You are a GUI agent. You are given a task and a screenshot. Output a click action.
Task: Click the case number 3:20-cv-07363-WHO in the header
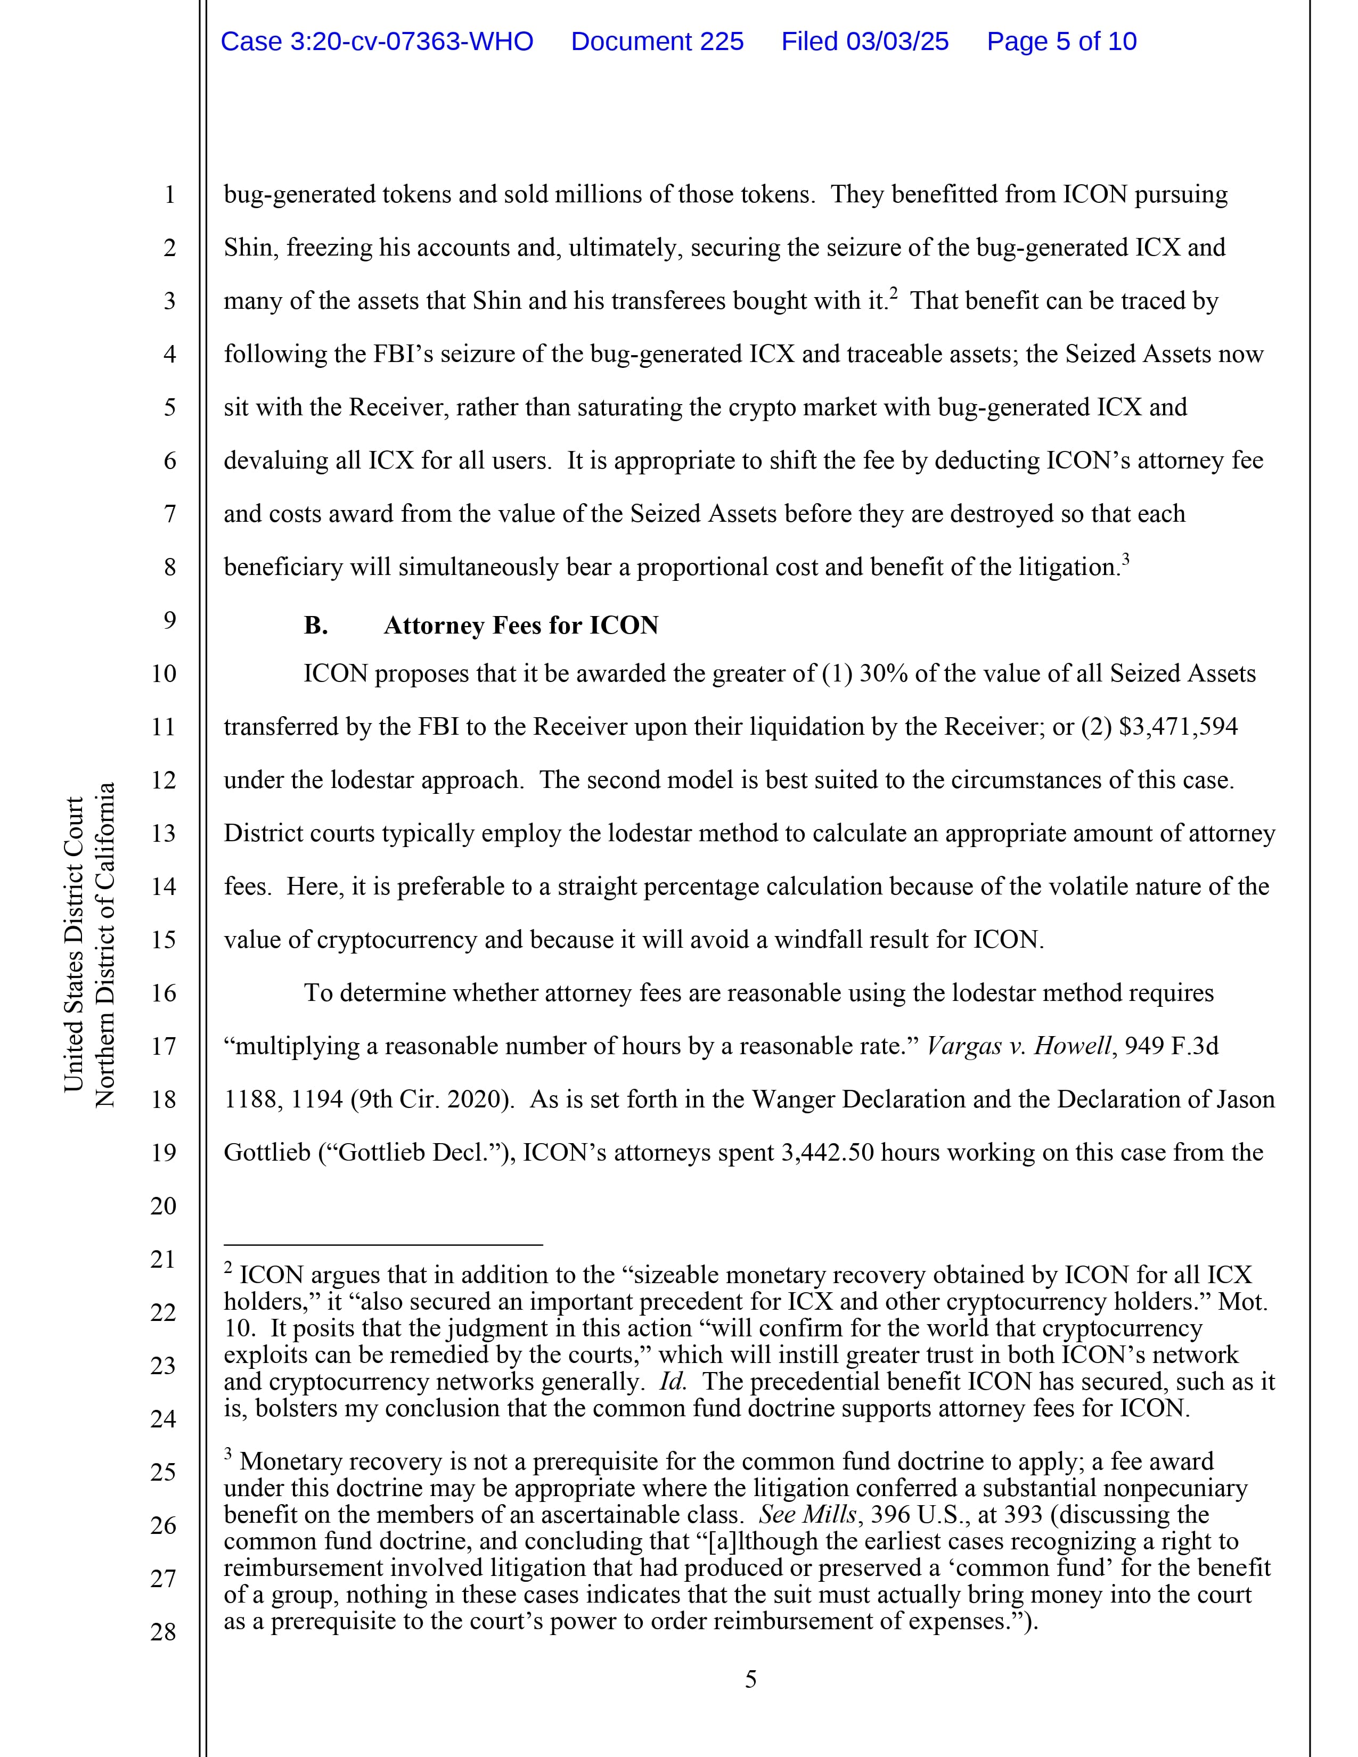tap(377, 42)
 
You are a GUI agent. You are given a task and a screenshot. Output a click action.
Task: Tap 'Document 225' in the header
tap(657, 42)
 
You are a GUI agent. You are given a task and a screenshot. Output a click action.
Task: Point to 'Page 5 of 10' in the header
tap(1061, 42)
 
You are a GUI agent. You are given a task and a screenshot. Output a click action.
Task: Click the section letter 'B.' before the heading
tap(315, 626)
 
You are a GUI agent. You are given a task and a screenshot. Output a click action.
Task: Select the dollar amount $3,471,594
tap(1178, 726)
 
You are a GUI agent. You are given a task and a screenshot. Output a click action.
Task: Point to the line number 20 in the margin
tap(163, 1205)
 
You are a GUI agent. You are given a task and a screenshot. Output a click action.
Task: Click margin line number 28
tap(163, 1631)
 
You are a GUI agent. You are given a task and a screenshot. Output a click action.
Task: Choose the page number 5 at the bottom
tap(750, 1680)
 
